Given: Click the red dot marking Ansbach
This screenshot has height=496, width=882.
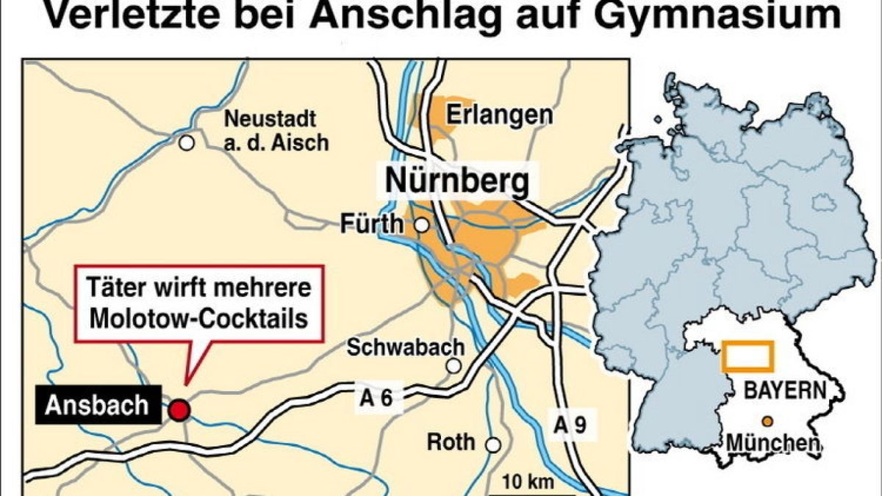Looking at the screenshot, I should point(179,410).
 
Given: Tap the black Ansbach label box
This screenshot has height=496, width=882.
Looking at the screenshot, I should point(97,406).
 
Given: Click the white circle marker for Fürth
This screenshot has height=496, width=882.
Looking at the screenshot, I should point(422,226).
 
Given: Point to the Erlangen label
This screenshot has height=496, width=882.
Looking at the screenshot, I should point(500,115).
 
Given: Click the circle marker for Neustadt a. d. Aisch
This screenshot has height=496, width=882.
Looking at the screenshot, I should point(187,143).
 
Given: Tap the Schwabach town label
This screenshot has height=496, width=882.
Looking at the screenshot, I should point(406,347).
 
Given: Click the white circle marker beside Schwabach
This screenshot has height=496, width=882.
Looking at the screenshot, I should point(454,366).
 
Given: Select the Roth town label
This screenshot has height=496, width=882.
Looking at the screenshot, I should point(451,442).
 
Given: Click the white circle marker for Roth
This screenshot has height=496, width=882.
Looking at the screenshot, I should point(493,445).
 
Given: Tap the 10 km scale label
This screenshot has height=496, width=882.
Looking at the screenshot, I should point(528,483).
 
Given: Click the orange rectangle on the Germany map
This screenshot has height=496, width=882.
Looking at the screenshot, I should point(747,356).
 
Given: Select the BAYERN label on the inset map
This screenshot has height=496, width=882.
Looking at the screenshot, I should point(784,390).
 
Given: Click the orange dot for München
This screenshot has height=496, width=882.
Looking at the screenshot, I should point(767,422).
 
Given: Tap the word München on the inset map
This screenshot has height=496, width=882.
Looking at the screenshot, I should point(772,443).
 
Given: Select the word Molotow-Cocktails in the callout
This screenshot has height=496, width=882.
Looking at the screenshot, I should point(200,317).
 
